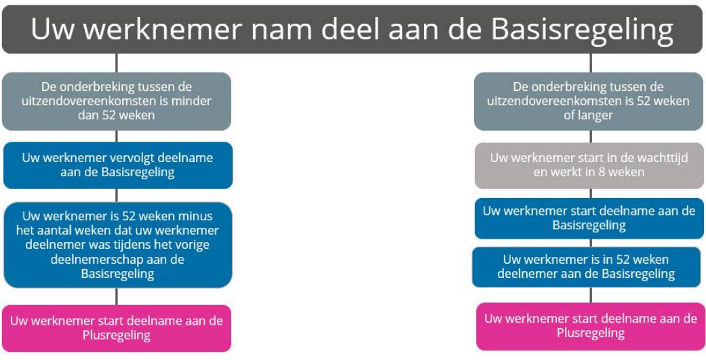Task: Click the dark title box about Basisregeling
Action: pyautogui.click(x=353, y=29)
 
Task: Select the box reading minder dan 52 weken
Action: pyautogui.click(x=117, y=101)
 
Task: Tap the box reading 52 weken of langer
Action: pyautogui.click(x=589, y=101)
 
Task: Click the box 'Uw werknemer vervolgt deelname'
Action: pyautogui.click(x=118, y=165)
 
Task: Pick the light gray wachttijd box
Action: pyautogui.click(x=589, y=165)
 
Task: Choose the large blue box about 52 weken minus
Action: pyautogui.click(x=118, y=245)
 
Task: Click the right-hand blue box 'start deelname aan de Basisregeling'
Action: pyautogui.click(x=589, y=218)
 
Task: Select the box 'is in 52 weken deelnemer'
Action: pyautogui.click(x=586, y=267)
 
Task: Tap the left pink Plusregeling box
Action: pyautogui.click(x=117, y=328)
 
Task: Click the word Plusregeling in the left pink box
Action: pyautogui.click(x=117, y=335)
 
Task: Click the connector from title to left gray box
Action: pyautogui.click(x=117, y=63)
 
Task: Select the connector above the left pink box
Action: pyautogui.click(x=117, y=296)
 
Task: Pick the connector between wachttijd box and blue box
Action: pyautogui.click(x=591, y=193)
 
